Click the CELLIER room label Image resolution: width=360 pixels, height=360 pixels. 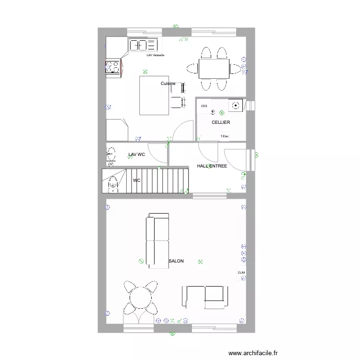(x=221, y=122)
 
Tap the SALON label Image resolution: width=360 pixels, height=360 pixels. (x=176, y=261)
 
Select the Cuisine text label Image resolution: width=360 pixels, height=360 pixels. (x=168, y=84)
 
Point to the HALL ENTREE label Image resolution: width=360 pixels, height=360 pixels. (x=212, y=166)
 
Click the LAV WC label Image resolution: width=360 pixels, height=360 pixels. (x=136, y=155)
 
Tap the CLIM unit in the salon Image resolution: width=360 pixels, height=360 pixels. (x=241, y=273)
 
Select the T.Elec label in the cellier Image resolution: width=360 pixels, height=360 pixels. (x=224, y=136)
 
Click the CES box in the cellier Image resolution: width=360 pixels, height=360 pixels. (x=204, y=106)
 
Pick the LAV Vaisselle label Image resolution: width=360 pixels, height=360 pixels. (x=156, y=55)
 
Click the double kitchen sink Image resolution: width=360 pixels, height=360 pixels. (x=144, y=45)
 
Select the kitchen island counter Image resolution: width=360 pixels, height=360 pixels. (x=154, y=96)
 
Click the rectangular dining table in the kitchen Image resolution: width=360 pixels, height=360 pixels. (x=214, y=69)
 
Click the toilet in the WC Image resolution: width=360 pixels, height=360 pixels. (x=113, y=182)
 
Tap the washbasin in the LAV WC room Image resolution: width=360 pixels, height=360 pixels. (x=111, y=154)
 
